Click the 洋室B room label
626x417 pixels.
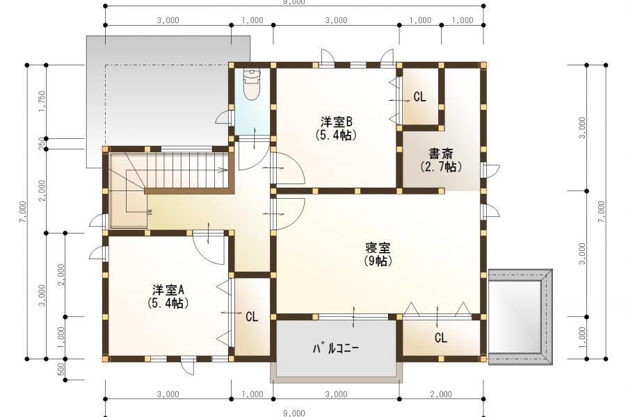pos(337,120)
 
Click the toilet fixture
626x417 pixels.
pos(250,85)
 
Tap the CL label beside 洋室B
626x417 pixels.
pos(419,97)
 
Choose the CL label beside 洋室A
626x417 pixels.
pos(252,316)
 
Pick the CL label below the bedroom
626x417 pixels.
pos(441,338)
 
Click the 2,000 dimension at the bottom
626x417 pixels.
pos(441,394)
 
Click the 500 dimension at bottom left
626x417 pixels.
pos(61,369)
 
